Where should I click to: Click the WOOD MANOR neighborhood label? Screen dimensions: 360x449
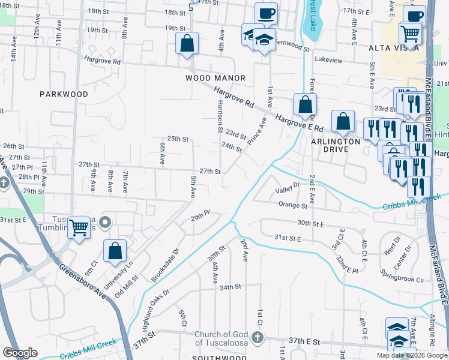click(x=215, y=78)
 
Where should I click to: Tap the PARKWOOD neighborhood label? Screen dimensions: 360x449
click(x=64, y=94)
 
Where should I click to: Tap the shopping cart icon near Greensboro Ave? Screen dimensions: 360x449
click(x=79, y=227)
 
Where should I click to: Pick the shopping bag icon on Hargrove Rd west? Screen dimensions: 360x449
click(x=187, y=43)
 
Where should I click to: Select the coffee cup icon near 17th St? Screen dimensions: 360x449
click(x=266, y=13)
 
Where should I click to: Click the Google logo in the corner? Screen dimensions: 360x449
click(x=20, y=353)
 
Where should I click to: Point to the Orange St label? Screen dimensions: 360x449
click(x=293, y=205)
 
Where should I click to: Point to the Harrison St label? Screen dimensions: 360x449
click(x=220, y=117)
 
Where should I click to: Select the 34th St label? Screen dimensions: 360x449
click(x=230, y=287)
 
